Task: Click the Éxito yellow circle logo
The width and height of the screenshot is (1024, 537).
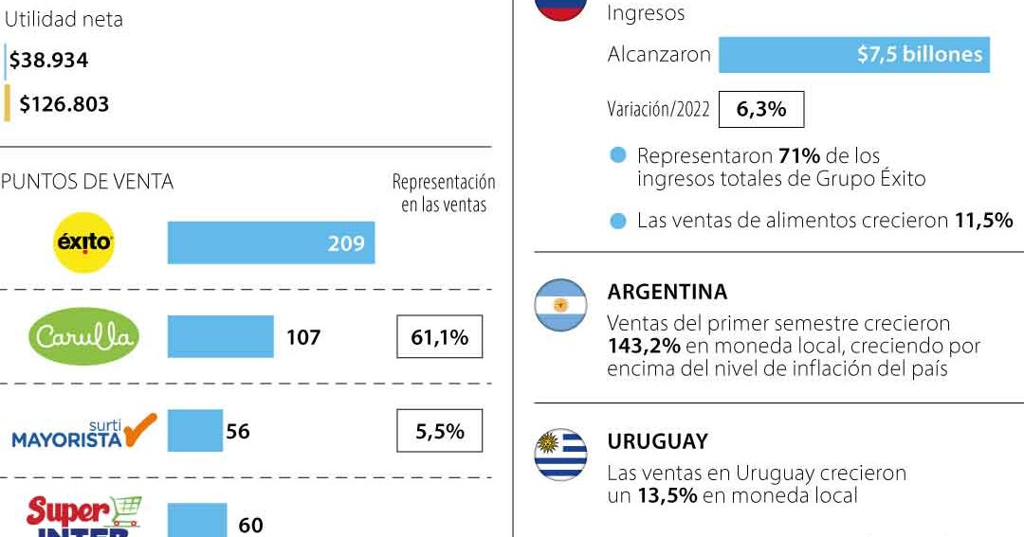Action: point(84,242)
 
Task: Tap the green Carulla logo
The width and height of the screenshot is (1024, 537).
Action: point(84,337)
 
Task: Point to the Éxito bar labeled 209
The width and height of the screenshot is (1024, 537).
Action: point(271,243)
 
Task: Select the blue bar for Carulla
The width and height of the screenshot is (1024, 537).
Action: point(220,337)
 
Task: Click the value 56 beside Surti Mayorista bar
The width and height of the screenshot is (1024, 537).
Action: point(238,432)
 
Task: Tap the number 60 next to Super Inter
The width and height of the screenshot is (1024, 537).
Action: point(250,525)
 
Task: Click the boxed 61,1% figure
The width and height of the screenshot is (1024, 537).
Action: point(439,337)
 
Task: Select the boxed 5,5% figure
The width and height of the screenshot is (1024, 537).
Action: point(439,432)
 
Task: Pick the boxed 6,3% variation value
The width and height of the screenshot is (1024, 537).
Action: point(761,109)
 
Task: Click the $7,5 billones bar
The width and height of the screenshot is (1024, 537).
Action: point(853,55)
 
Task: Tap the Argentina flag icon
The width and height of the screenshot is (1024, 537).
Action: point(560,305)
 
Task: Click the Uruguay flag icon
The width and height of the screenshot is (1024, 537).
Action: point(560,455)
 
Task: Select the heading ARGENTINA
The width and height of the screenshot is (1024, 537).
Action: point(667,292)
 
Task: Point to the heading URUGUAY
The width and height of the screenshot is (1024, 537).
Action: point(657,441)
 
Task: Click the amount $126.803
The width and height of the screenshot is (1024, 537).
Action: point(64,104)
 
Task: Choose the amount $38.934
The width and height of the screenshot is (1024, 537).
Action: point(49,61)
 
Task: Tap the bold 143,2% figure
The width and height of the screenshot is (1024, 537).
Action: point(644,346)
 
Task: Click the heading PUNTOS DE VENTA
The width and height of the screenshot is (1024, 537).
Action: point(87,182)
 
